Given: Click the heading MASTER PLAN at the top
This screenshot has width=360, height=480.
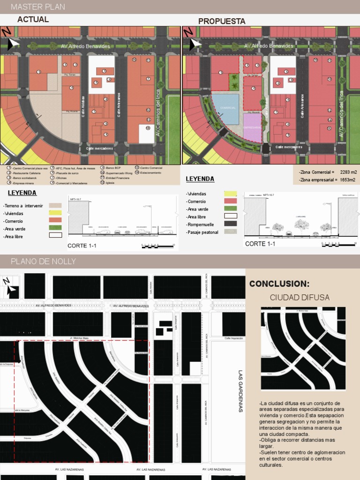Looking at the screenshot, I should click(x=37, y=7).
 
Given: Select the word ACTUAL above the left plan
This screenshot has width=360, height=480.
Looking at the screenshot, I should click(x=33, y=20).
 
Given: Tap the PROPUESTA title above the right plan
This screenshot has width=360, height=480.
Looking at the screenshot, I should click(x=222, y=22).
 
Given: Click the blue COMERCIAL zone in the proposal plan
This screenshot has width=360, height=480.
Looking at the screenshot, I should click(x=226, y=109).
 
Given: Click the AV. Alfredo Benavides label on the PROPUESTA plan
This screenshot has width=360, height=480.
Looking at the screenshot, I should click(x=268, y=46).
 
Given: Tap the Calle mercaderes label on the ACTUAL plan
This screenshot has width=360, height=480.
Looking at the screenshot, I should click(x=99, y=148).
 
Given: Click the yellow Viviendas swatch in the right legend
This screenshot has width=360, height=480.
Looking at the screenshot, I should click(x=230, y=194).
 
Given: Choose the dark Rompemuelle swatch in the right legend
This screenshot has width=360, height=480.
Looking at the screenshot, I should click(x=230, y=224).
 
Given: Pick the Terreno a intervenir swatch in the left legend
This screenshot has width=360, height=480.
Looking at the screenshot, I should click(x=55, y=205).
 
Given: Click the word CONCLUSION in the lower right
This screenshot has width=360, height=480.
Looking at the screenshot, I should click(x=279, y=284).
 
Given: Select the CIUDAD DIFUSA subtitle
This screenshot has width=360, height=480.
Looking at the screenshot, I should click(x=300, y=298).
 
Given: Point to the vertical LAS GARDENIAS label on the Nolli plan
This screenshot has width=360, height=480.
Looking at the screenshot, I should click(x=240, y=391).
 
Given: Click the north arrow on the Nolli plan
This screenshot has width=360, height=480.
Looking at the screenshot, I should click(x=10, y=287).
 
